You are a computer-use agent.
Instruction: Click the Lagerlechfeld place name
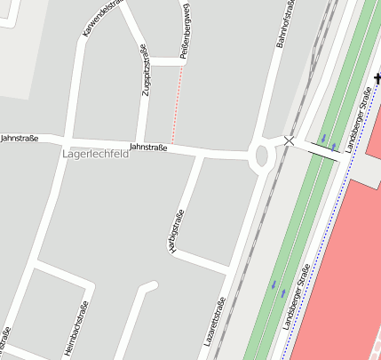pyautogui.click(x=96, y=154)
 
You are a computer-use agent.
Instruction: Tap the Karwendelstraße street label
pyautogui.click(x=100, y=19)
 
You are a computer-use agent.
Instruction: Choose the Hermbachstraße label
pyautogui.click(x=77, y=329)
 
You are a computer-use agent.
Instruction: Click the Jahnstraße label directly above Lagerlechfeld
pyautogui.click(x=148, y=146)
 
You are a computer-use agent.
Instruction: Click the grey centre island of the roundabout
pyautogui.click(x=261, y=156)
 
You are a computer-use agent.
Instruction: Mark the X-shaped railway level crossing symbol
pyautogui.click(x=289, y=140)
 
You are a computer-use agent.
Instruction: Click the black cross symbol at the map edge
pyautogui.click(x=377, y=80)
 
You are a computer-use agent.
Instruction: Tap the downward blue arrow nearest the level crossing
pyautogui.click(x=323, y=139)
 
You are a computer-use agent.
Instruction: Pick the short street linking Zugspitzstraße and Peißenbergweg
pyautogui.click(x=165, y=61)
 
